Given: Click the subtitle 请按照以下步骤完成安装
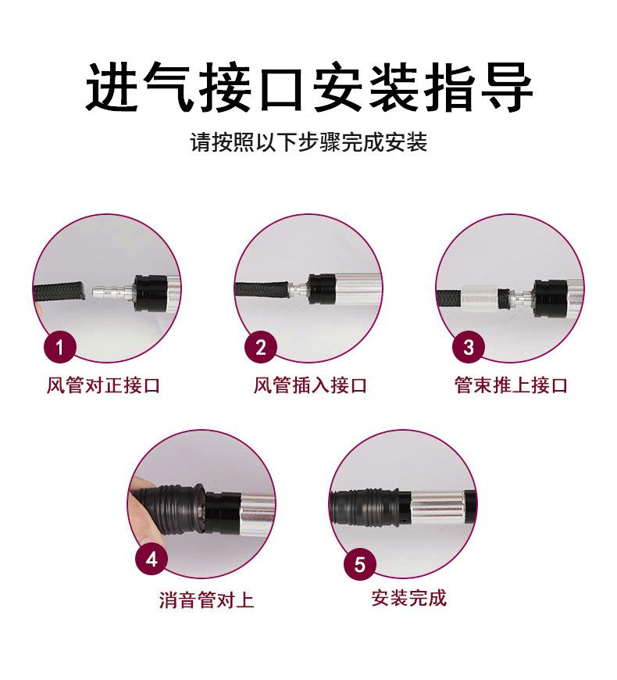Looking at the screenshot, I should pos(308,143).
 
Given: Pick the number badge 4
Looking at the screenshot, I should pos(152,560).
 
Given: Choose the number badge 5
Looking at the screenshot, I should pos(359,564).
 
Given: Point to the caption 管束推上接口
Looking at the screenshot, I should pos(511,385).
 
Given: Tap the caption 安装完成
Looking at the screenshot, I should pos(408,598).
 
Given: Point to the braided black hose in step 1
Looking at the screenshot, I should pos(62,295).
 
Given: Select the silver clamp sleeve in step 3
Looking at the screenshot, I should pos(479,298).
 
